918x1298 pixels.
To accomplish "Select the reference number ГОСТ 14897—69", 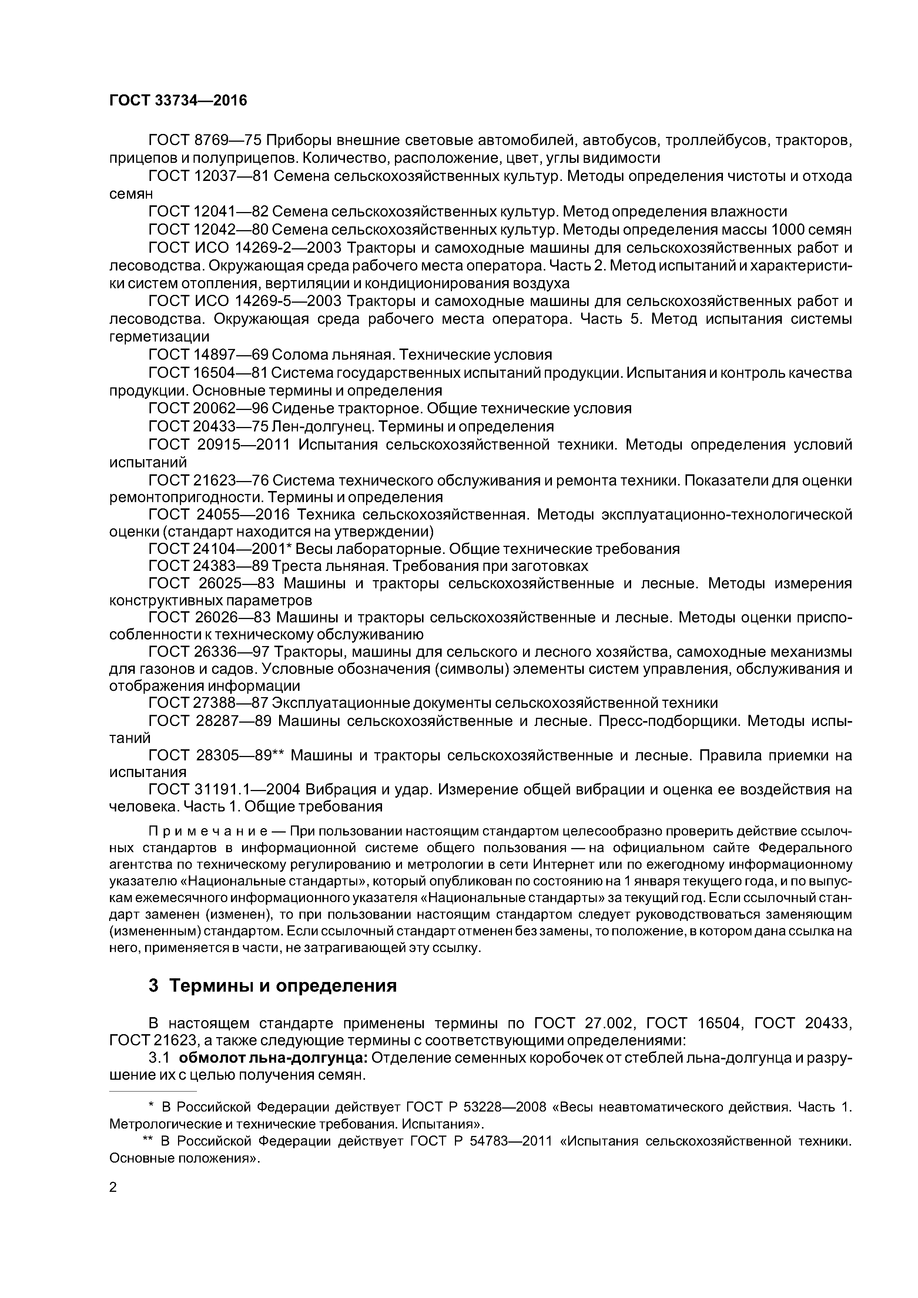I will coord(208,355).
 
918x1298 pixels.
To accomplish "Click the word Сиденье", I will coord(309,408).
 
